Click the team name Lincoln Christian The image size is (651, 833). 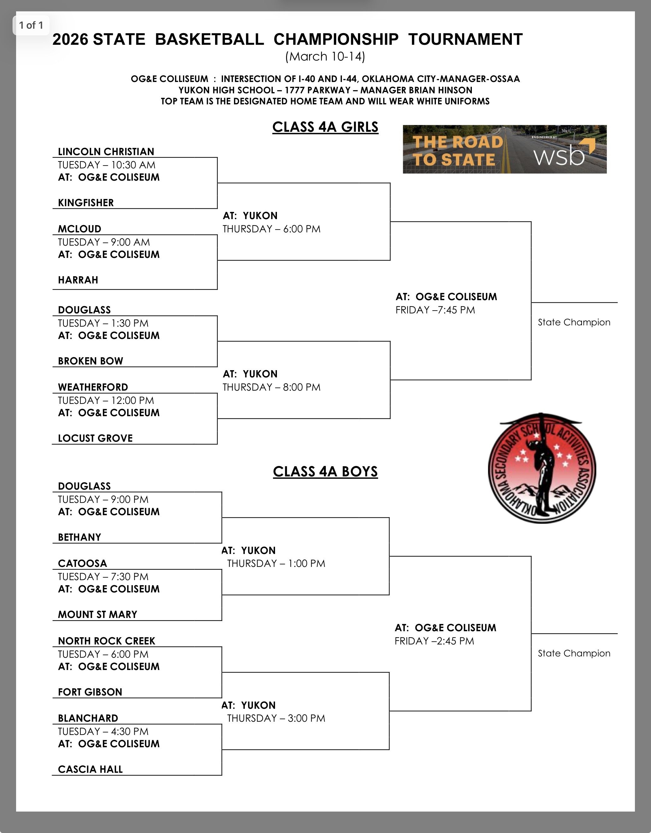click(x=106, y=151)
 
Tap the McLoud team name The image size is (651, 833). click(x=79, y=229)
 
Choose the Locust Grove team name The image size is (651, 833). click(x=95, y=438)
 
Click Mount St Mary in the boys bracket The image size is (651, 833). click(x=97, y=615)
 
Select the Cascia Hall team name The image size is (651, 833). click(x=91, y=769)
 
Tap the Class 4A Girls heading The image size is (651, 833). click(x=325, y=127)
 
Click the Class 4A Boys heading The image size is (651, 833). click(x=325, y=472)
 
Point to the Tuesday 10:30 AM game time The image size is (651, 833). click(x=107, y=165)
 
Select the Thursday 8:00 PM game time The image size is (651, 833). click(x=271, y=387)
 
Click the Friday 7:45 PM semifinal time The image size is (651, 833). click(x=435, y=310)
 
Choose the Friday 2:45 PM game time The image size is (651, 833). click(x=434, y=641)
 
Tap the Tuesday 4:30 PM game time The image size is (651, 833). click(x=103, y=731)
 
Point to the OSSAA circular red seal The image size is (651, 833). click(x=542, y=469)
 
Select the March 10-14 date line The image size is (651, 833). click(x=325, y=56)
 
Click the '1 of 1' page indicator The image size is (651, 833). click(x=31, y=25)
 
